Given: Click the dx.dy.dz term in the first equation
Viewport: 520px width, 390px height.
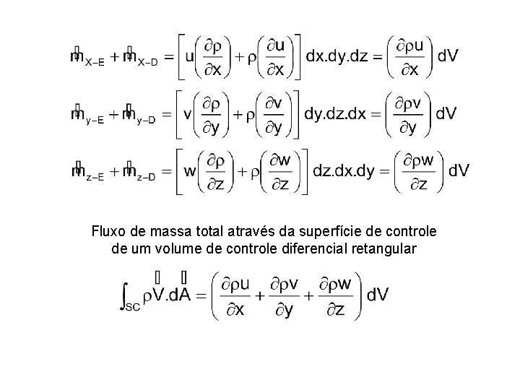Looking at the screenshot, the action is coord(338,56).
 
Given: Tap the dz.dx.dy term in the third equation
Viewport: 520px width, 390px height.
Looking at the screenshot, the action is coord(344,171).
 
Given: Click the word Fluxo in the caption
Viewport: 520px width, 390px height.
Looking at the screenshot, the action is coord(108,232).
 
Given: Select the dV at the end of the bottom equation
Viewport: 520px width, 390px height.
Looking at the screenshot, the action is coord(378,295).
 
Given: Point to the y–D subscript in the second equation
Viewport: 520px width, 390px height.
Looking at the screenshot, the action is coord(145,121).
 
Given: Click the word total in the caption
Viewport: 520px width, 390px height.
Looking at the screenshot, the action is coord(194,232).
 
